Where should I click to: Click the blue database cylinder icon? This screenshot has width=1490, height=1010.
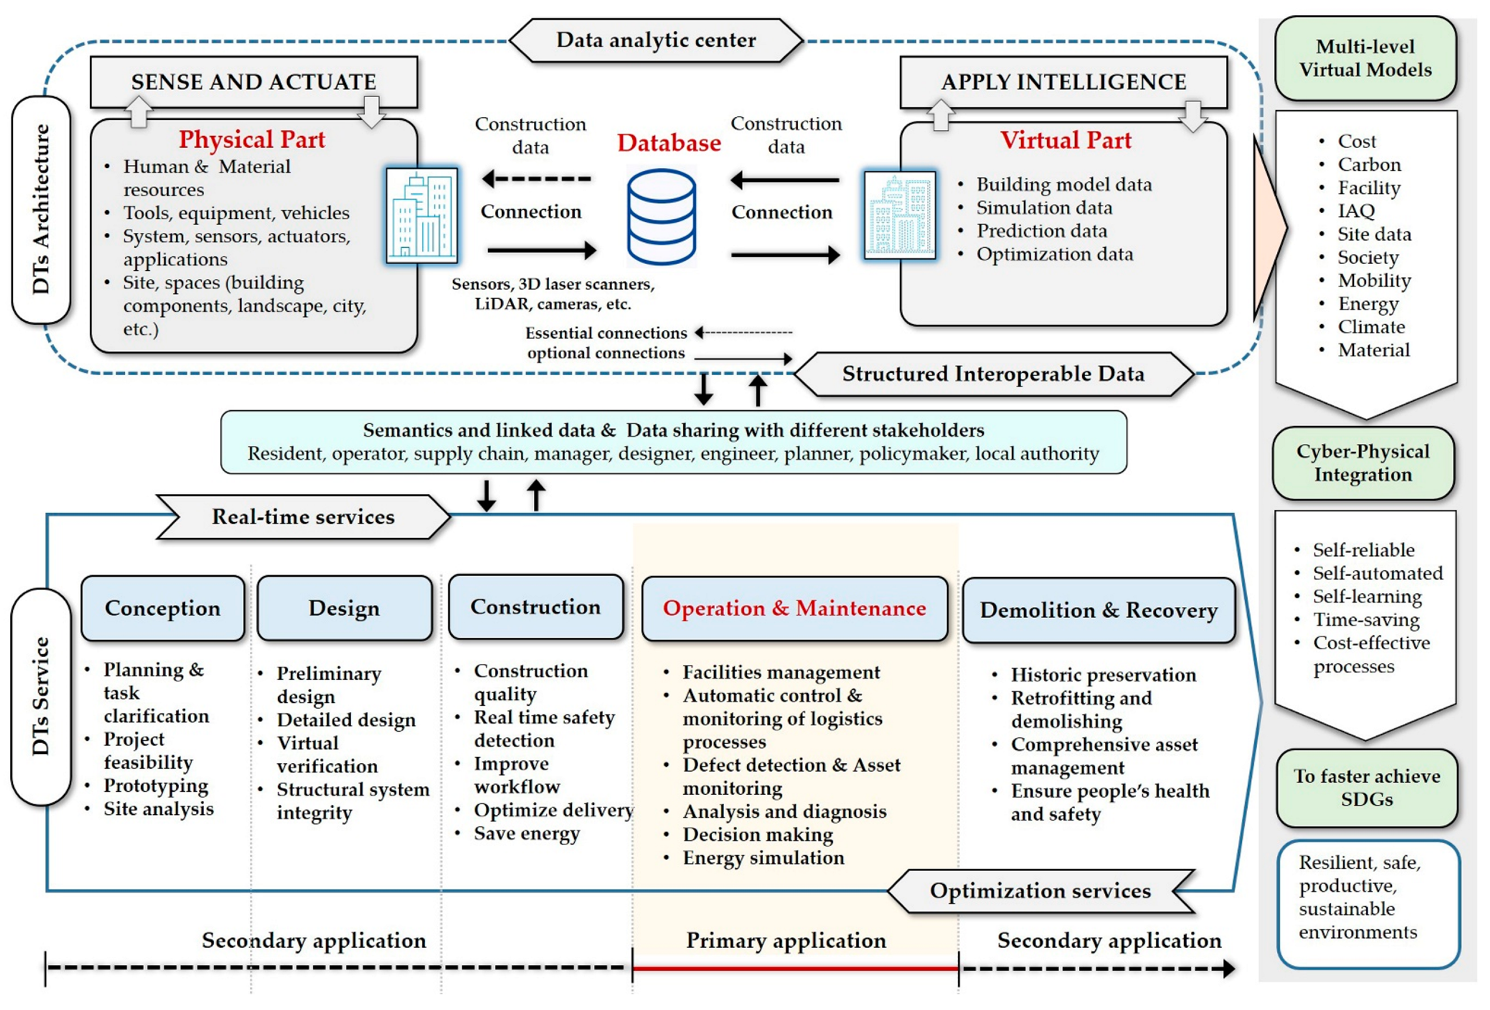coord(661,216)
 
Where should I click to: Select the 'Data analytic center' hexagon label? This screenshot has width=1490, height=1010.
coord(656,40)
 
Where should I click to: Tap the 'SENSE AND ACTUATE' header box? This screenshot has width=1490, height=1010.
coord(254,82)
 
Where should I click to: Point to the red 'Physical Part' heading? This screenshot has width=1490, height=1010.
coord(252,139)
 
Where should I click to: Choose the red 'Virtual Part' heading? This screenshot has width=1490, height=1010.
coord(1066,140)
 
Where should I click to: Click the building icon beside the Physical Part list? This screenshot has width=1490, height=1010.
coord(421,216)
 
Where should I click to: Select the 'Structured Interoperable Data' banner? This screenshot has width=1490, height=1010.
coord(993,374)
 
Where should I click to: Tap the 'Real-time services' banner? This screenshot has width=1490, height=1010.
coord(303,517)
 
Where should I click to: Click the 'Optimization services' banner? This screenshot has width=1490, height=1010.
coord(1040,891)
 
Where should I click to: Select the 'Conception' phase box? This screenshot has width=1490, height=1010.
coord(163,608)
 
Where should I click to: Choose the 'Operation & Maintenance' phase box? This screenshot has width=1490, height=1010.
coord(795,608)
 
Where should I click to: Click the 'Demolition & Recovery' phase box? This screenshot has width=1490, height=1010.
coord(1098,610)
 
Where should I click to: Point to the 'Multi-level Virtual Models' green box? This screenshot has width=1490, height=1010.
coord(1365,58)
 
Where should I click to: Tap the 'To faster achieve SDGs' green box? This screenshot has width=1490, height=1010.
coord(1366,788)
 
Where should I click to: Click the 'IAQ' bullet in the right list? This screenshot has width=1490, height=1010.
coord(1355,211)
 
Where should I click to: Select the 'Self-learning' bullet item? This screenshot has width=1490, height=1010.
coord(1366,596)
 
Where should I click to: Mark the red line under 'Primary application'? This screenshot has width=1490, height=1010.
coord(795,968)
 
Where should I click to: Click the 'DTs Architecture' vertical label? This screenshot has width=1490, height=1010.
coord(41,209)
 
